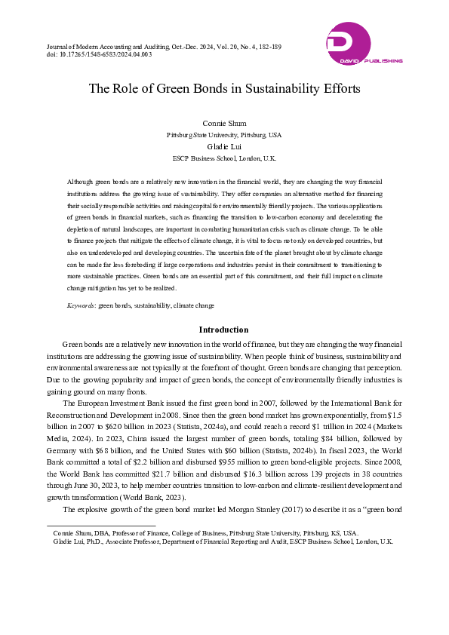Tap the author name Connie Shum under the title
coord(224,123)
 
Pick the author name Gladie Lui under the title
coord(224,147)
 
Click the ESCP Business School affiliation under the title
coord(224,159)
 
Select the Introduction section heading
coord(223,330)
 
